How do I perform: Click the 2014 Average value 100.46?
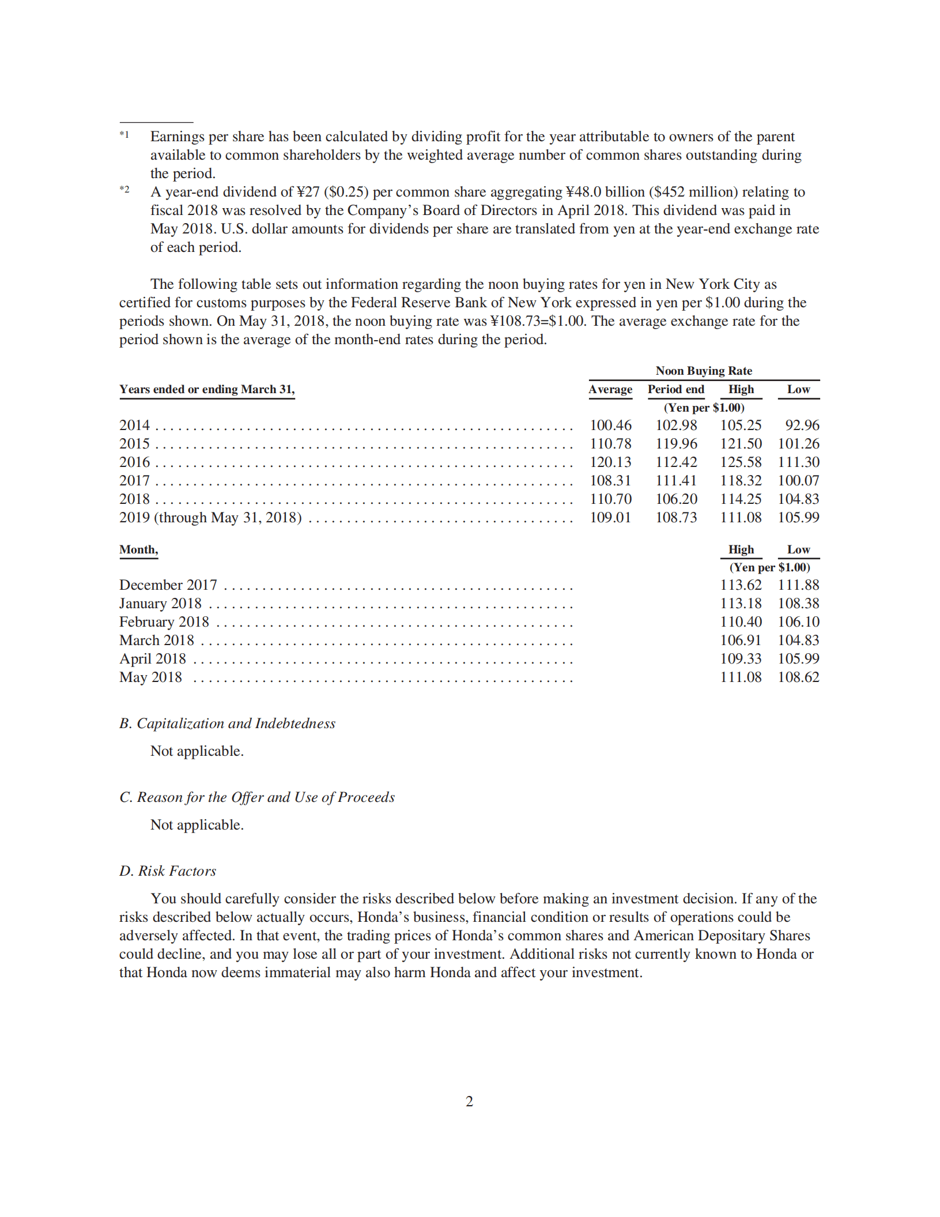point(610,425)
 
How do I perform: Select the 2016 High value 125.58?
point(741,462)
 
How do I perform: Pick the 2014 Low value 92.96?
point(802,425)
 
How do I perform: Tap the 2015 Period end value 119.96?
point(676,444)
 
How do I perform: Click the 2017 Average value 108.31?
point(610,481)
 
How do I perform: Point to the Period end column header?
point(676,390)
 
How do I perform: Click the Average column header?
point(610,390)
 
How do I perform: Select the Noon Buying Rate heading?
point(704,371)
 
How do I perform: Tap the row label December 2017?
point(168,585)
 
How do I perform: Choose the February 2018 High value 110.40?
point(741,622)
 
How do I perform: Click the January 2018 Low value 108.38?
point(798,604)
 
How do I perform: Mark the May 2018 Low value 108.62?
point(798,677)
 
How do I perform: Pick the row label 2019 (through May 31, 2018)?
point(210,518)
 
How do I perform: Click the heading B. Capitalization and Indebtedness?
point(227,724)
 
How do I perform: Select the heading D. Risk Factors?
point(168,871)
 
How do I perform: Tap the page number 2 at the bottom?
point(469,1102)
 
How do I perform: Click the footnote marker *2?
point(124,190)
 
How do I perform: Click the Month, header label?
point(138,549)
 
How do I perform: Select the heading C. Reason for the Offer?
point(257,797)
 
